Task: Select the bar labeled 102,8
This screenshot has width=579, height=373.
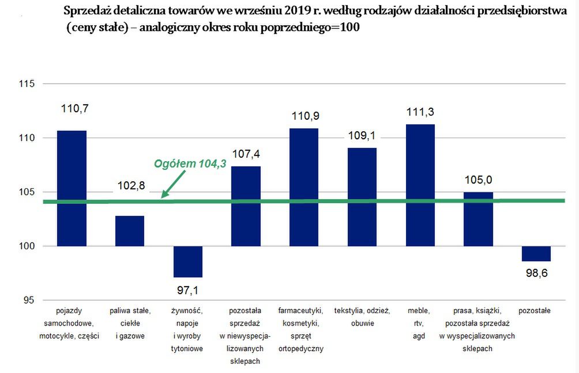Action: tap(130, 231)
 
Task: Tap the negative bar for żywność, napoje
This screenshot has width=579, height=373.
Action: tap(188, 261)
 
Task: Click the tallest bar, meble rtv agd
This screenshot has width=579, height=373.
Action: tap(420, 185)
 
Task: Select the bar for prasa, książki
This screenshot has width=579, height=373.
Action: tap(478, 219)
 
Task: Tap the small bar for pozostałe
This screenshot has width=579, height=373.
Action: tap(536, 254)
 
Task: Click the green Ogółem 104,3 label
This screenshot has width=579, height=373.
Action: tap(190, 164)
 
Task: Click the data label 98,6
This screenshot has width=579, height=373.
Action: tap(536, 273)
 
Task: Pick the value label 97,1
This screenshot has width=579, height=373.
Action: tap(188, 290)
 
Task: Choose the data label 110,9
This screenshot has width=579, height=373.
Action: tap(304, 116)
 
